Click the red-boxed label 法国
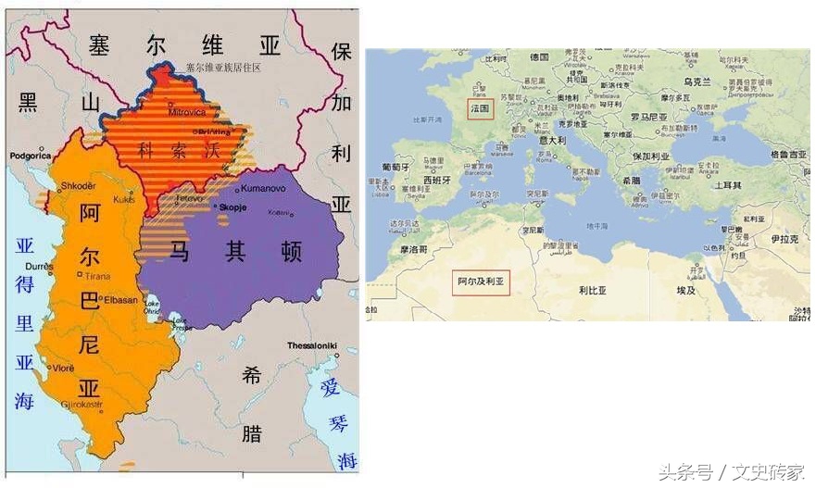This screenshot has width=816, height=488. [480, 108]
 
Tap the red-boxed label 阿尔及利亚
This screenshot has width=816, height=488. [481, 281]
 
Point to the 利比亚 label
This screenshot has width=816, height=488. [592, 290]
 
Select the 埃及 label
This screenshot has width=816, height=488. [685, 290]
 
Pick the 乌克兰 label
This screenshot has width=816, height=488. [695, 82]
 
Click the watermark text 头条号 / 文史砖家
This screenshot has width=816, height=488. [732, 472]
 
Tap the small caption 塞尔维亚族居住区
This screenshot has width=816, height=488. [223, 68]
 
